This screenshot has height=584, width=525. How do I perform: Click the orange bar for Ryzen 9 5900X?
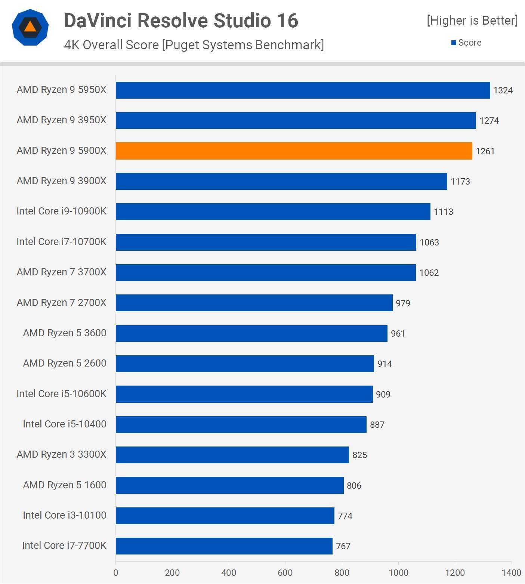(x=294, y=151)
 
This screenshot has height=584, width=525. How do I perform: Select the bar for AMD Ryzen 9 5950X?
(x=303, y=90)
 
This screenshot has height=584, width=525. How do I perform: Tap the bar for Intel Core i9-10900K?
(x=273, y=211)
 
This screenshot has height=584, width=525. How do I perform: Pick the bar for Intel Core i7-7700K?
(x=224, y=546)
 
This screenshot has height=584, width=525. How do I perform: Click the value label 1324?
(x=503, y=90)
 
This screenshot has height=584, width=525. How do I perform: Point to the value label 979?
(x=403, y=303)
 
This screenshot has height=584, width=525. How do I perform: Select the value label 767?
(x=343, y=546)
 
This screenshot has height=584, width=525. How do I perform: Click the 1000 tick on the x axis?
(x=398, y=572)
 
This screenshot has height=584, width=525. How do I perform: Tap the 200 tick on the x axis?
(x=172, y=572)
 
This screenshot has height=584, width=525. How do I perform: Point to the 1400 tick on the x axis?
(x=511, y=572)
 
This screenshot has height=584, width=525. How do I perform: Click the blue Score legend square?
(x=454, y=43)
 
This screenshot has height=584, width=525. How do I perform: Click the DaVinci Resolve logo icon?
(x=30, y=27)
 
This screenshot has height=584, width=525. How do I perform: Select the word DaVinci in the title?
(x=98, y=21)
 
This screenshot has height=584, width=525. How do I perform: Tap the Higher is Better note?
(x=472, y=21)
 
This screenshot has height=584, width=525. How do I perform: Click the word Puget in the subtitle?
(x=182, y=45)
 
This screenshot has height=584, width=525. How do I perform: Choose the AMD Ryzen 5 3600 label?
(x=65, y=333)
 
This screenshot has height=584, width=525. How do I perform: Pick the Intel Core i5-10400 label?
(x=65, y=424)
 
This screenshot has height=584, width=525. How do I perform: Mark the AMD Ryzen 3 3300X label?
(x=62, y=454)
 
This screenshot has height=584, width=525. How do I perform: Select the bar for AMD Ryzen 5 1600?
(x=229, y=485)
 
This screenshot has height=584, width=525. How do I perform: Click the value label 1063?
(x=429, y=242)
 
